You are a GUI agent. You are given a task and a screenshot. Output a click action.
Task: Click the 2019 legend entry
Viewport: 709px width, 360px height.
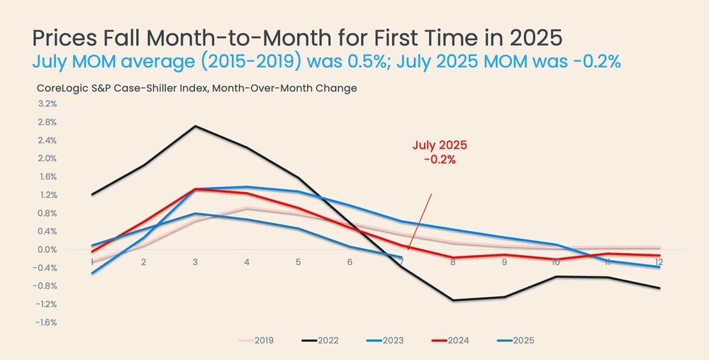262,341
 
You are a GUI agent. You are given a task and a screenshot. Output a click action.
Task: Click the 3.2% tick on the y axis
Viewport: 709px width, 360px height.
46,103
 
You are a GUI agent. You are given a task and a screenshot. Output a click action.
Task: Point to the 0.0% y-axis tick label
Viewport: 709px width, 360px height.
46,249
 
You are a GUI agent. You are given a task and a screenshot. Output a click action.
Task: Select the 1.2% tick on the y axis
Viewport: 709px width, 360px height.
47,195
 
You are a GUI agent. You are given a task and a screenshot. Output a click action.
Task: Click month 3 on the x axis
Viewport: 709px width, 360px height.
195,262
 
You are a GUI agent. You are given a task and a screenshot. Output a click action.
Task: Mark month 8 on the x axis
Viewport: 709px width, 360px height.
452,262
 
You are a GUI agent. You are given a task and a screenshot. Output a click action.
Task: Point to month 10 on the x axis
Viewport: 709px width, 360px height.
555,262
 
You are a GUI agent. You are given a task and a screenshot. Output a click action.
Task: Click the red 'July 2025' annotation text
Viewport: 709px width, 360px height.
440,145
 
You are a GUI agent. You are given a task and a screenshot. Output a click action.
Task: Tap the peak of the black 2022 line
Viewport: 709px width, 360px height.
195,126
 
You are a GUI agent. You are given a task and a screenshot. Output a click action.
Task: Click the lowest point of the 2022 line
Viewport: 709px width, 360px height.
452,300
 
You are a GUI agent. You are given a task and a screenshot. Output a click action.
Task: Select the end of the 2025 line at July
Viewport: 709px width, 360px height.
401,257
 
